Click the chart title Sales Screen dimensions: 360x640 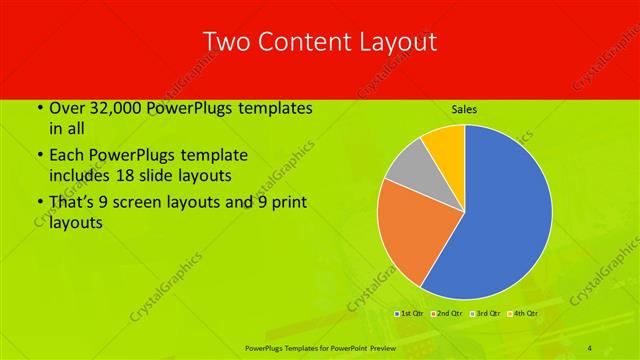464,108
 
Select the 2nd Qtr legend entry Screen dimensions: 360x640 447,314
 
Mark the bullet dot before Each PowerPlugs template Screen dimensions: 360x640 40,156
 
